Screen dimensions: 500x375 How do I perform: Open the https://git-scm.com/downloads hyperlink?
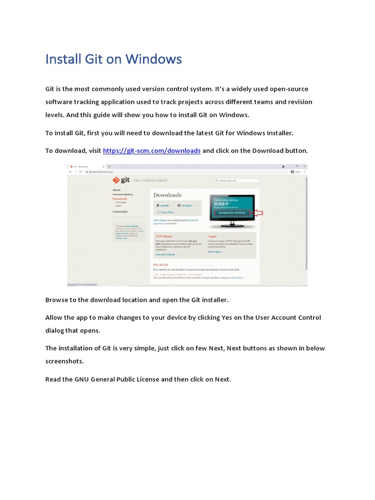point(151,150)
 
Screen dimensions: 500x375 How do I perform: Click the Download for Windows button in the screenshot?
point(231,213)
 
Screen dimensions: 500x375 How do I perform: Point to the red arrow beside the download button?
point(257,213)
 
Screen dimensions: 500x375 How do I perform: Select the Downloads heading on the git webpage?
point(167,195)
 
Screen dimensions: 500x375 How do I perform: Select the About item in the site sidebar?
point(116,190)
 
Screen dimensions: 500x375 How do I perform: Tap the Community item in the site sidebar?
point(120,211)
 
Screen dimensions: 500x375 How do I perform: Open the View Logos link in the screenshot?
point(215,251)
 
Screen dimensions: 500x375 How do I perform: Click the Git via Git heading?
point(162,264)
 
